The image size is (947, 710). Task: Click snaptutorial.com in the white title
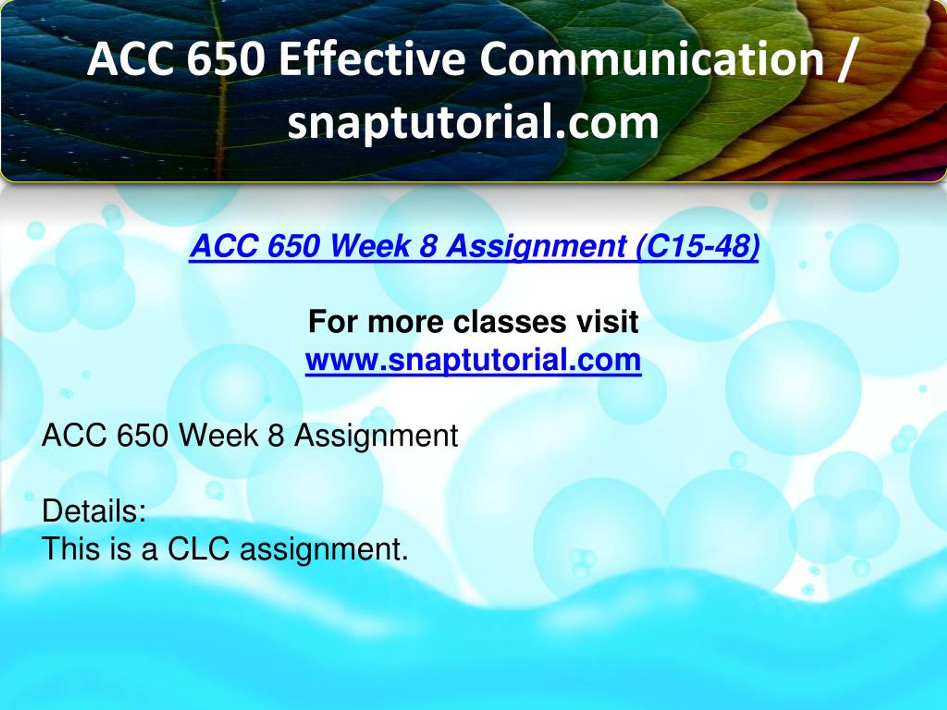(473, 123)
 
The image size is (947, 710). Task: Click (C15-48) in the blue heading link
(697, 247)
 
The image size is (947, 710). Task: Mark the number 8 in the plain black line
(277, 436)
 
